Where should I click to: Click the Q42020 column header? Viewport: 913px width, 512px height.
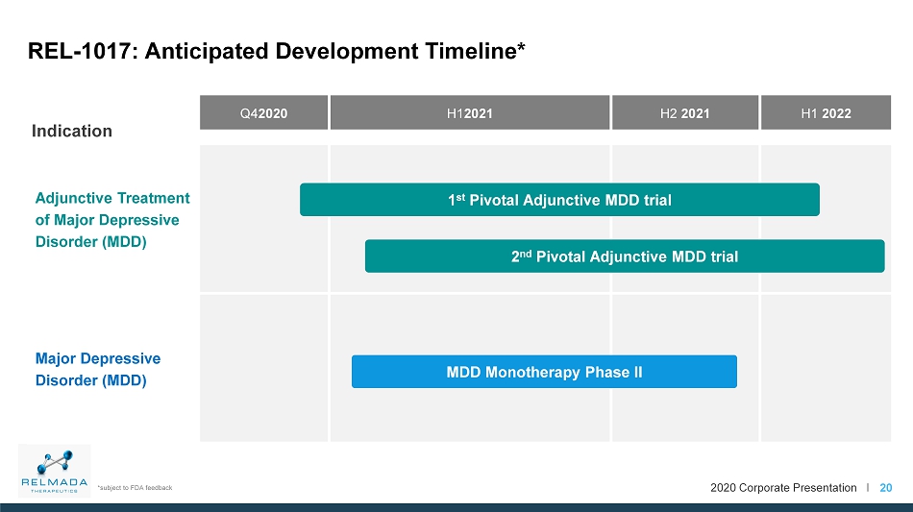point(263,112)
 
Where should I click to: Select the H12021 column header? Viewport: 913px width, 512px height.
point(470,112)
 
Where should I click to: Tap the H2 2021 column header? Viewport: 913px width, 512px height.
point(685,112)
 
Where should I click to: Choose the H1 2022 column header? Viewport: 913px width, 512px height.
point(826,112)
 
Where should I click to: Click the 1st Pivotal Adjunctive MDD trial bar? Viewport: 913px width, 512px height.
point(559,200)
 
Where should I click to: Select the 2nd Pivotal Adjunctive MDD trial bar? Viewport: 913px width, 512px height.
point(625,256)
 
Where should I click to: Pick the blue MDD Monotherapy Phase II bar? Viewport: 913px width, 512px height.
point(544,371)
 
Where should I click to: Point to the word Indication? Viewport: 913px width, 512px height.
point(72,131)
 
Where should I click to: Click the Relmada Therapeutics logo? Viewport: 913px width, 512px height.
point(54,471)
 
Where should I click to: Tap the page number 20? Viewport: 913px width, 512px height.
point(886,488)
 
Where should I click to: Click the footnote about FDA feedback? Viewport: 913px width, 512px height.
point(136,488)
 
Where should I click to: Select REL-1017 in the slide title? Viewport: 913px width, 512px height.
point(82,51)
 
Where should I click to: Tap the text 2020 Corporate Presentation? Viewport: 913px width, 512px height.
point(783,488)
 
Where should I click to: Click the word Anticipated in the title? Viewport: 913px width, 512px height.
point(207,51)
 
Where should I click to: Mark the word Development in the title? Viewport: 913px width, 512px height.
point(347,51)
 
